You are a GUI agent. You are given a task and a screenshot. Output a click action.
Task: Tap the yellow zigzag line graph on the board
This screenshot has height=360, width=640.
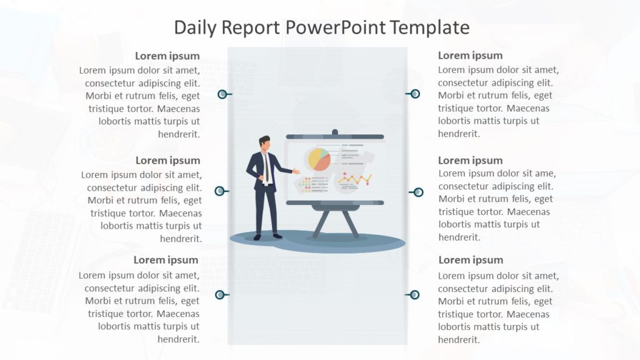click(x=354, y=181)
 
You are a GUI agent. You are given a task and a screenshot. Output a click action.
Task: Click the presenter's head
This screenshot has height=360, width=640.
click(x=265, y=143)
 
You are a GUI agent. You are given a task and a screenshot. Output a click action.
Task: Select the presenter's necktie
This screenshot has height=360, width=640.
click(x=266, y=167)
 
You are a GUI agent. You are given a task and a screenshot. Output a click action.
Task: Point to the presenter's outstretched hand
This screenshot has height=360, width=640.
click(x=296, y=171)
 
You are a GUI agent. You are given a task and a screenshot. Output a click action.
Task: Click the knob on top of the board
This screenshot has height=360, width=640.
click(x=334, y=132)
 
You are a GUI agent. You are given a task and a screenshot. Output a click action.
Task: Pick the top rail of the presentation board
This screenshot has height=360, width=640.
click(x=334, y=137)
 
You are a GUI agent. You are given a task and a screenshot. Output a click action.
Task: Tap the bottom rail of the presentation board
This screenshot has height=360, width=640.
click(x=334, y=202)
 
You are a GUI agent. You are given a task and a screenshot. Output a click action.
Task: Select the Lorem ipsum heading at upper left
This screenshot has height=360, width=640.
click(x=167, y=56)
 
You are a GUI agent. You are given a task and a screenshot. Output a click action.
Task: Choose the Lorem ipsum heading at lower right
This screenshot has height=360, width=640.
click(x=471, y=260)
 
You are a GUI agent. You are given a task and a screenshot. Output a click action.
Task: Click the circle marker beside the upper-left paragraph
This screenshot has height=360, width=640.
click(x=222, y=94)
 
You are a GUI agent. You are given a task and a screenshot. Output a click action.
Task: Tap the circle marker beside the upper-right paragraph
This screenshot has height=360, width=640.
click(x=415, y=94)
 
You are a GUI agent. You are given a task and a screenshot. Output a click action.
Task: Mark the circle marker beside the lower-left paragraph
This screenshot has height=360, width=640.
click(x=219, y=295)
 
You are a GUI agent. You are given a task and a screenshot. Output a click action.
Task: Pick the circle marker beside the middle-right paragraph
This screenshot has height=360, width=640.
click(x=418, y=192)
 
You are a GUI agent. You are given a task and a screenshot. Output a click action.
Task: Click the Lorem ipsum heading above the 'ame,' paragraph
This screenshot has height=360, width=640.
click(x=471, y=161)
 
